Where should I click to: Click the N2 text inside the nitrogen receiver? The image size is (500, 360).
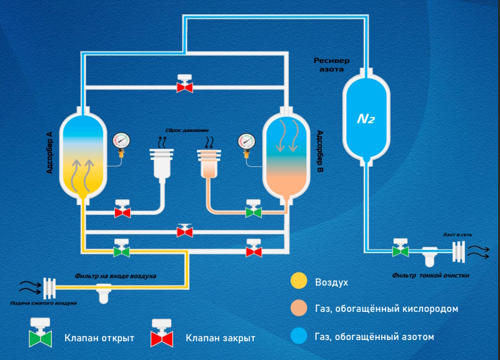point(365,119)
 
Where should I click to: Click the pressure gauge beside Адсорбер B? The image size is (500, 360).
point(246,142)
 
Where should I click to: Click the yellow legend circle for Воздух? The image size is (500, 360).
point(299,282)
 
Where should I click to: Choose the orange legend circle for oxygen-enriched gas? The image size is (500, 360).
point(299,309)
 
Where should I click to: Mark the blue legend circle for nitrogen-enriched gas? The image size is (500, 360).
point(299,336)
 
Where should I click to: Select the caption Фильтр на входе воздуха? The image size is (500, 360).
point(115,275)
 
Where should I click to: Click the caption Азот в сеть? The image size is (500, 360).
point(457,234)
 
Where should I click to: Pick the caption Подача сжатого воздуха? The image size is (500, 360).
point(43,303)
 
